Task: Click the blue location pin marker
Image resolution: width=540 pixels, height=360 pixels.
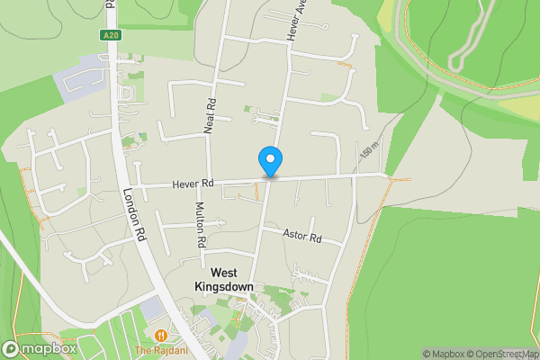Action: [x=270, y=160]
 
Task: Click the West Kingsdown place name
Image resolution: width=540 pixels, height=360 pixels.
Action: [x=225, y=279]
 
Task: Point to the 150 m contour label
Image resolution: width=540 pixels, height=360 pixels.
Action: [x=369, y=151]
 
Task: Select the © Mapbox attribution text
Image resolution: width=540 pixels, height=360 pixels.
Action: [x=444, y=354]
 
